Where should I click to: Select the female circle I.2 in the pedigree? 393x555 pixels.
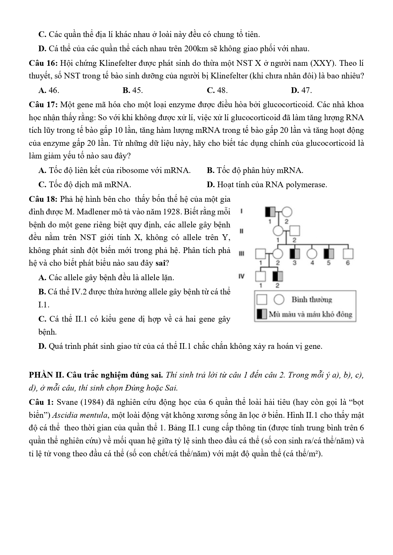[287, 212]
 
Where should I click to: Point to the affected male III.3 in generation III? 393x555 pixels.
[295, 254]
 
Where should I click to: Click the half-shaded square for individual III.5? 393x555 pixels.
[328, 254]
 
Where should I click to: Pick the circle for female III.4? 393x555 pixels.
[312, 254]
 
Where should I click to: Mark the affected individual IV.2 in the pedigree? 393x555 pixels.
[277, 276]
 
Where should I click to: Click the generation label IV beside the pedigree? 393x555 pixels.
[241, 276]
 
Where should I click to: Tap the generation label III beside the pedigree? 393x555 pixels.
[241, 254]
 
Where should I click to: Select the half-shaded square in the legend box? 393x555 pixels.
[262, 314]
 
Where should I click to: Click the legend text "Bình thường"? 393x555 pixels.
[312, 299]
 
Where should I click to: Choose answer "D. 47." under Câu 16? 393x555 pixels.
[301, 90]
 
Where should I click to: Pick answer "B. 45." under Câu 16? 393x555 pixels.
[133, 90]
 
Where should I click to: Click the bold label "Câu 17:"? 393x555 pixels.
[43, 105]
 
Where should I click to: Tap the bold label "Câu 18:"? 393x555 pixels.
[43, 199]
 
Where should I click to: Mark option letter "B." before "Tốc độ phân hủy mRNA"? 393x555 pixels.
[211, 171]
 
